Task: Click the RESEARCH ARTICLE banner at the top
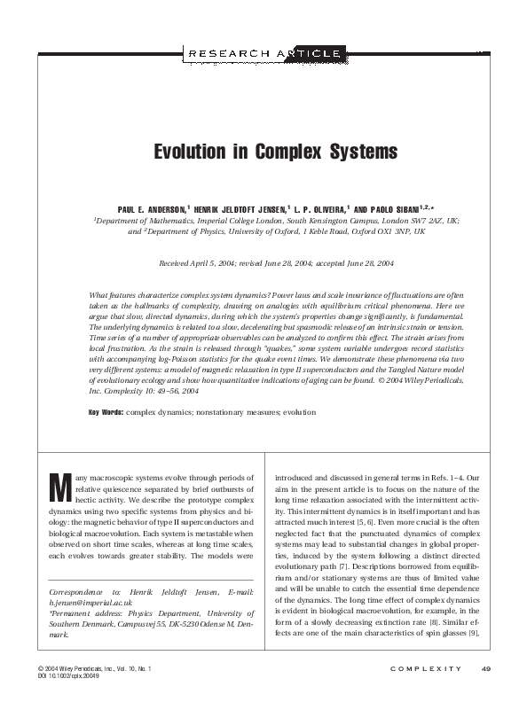pos(263,54)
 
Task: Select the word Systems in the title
pos(340,152)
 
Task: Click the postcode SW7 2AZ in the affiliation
pos(428,217)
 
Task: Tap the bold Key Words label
pos(106,413)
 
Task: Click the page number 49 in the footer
pos(486,668)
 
